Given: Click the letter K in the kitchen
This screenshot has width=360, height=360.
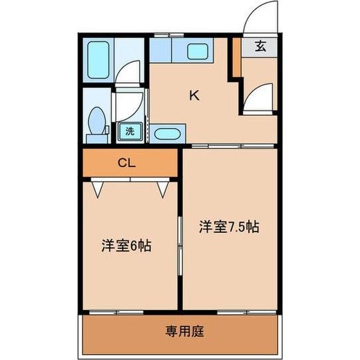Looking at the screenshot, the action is [194, 95].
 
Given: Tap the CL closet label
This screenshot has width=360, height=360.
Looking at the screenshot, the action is [126, 163].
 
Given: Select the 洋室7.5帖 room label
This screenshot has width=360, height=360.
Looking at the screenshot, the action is [229, 227].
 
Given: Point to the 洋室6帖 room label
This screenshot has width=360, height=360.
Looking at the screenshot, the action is [126, 246].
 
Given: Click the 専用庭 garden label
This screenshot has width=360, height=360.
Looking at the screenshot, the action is [184, 331].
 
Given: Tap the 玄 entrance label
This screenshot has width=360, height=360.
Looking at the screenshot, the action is [261, 46].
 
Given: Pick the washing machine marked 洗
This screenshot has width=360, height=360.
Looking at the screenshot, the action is [130, 131].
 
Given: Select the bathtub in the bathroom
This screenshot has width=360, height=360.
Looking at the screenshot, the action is [98, 60].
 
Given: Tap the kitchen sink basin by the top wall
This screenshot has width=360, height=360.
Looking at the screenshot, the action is [198, 51].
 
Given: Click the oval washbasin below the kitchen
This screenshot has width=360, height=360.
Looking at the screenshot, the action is [168, 134].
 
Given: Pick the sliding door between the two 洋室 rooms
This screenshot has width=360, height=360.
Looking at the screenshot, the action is [180, 246].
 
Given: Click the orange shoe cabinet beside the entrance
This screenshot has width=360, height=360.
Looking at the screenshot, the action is [236, 57].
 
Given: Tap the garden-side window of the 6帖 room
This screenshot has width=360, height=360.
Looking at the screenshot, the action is [116, 312].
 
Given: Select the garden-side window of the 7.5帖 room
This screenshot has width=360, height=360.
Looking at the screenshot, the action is [247, 312].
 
